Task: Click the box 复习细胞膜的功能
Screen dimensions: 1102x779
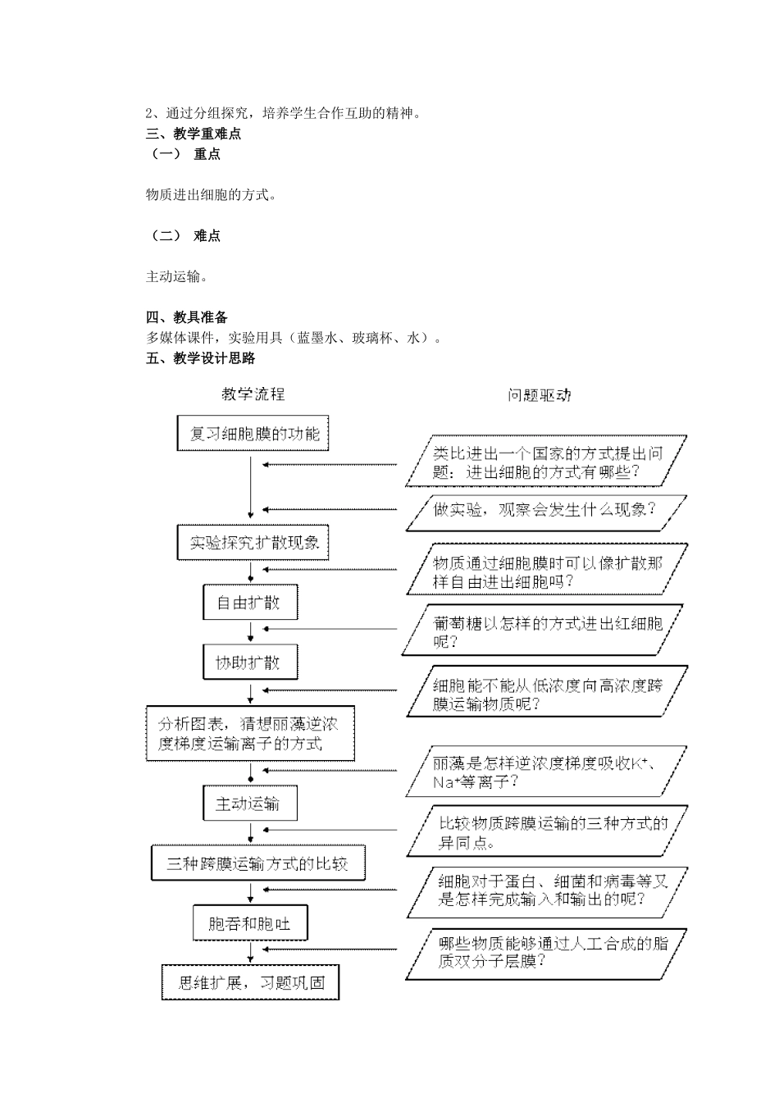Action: point(253,433)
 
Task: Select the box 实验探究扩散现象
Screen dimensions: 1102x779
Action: point(254,542)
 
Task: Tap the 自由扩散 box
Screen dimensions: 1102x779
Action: point(249,603)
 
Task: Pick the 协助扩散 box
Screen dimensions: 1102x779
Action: point(249,662)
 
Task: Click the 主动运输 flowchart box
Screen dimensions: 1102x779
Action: point(249,804)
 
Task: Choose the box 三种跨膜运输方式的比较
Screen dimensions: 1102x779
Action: point(257,863)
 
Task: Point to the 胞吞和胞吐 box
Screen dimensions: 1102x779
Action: point(249,924)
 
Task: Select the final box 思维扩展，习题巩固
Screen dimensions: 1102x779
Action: point(250,982)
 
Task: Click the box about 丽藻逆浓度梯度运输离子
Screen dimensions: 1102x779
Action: point(249,733)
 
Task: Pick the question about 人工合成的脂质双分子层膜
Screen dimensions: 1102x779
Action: point(546,953)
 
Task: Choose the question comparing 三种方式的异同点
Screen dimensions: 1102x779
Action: point(546,833)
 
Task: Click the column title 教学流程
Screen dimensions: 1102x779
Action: point(253,394)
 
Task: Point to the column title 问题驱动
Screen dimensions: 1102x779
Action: point(539,395)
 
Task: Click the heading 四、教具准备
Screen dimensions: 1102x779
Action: point(187,317)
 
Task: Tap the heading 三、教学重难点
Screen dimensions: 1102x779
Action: point(194,134)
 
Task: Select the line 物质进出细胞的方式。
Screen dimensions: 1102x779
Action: point(212,195)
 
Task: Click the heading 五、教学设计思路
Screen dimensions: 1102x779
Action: point(201,358)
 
